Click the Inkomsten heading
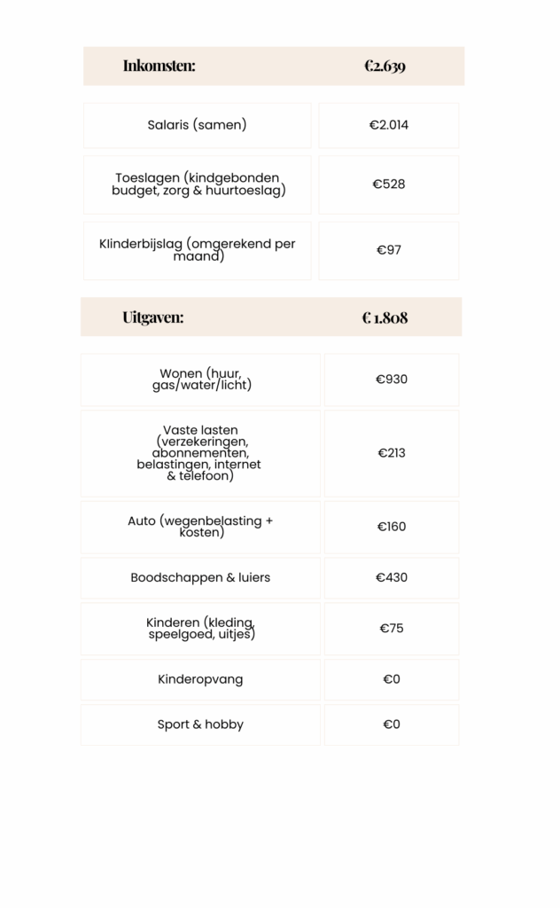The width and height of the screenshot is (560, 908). [x=159, y=66]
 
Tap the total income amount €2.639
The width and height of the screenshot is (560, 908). [x=385, y=66]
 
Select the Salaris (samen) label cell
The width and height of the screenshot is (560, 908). [x=197, y=125]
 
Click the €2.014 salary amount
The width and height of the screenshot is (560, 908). [x=389, y=125]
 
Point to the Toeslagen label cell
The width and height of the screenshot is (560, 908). [x=197, y=184]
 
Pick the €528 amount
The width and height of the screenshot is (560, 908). [x=389, y=184]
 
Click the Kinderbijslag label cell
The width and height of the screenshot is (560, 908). [x=197, y=250]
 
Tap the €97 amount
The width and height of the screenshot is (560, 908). [x=389, y=250]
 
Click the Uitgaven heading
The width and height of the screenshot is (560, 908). [x=153, y=317]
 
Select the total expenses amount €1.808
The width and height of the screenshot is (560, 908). [x=385, y=317]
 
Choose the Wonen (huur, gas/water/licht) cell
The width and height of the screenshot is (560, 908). [x=200, y=380]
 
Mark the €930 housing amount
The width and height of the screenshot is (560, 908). [x=392, y=380]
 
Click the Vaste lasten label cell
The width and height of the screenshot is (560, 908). [x=200, y=453]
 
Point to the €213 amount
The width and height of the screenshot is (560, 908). [x=392, y=453]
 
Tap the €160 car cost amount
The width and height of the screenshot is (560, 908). [x=392, y=527]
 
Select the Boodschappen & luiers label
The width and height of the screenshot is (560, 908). [x=200, y=577]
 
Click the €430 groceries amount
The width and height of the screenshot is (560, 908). [x=392, y=577]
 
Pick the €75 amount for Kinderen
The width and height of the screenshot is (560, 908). [x=392, y=629]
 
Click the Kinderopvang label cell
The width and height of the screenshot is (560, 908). [x=200, y=679]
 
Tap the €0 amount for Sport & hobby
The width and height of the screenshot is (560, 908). [x=392, y=724]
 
